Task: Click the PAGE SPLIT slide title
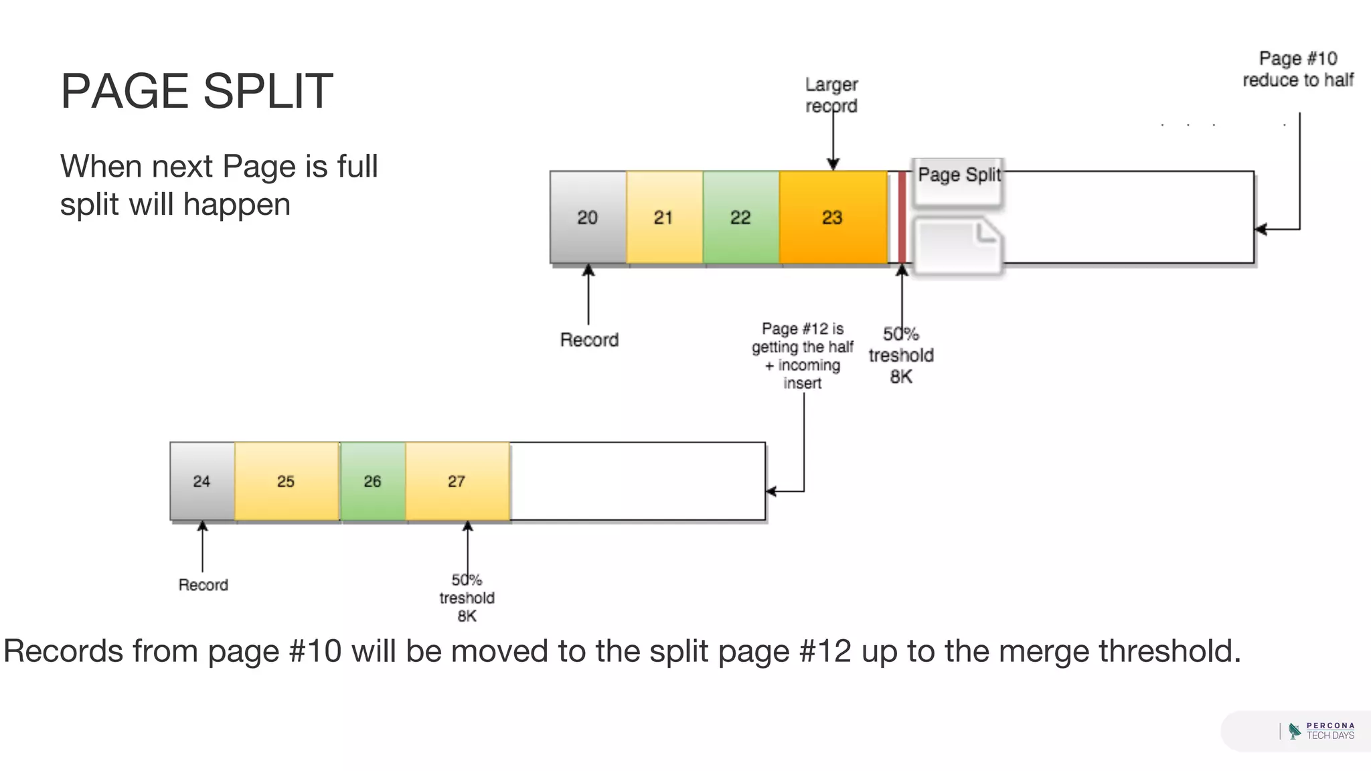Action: (196, 91)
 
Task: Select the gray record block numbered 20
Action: (588, 218)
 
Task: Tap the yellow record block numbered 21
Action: (664, 218)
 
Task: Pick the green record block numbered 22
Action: (740, 218)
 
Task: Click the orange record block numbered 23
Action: (833, 218)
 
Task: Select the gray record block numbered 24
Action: (202, 481)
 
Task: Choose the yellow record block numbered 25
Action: (287, 481)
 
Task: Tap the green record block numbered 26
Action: (373, 481)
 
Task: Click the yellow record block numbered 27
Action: (457, 481)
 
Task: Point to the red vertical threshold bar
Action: (902, 218)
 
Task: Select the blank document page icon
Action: (957, 246)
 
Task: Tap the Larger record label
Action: (831, 95)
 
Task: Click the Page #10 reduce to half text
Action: (1297, 69)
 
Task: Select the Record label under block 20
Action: (589, 340)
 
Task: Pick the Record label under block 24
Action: (203, 585)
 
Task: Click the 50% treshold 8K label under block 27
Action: (467, 598)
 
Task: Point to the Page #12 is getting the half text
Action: (803, 355)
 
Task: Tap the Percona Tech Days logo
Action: (1321, 731)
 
